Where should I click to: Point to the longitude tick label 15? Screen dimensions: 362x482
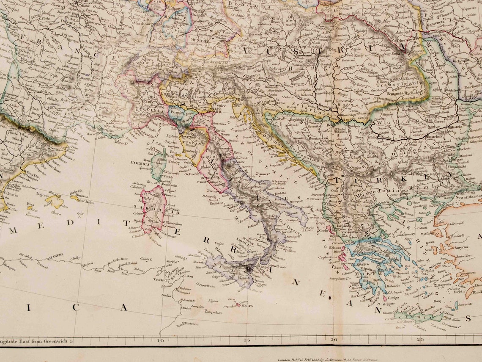point(247,339)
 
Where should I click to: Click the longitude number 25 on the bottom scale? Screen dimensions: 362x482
point(420,339)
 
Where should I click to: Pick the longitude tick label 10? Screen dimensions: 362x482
point(160,340)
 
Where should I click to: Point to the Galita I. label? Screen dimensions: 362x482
point(146,259)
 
